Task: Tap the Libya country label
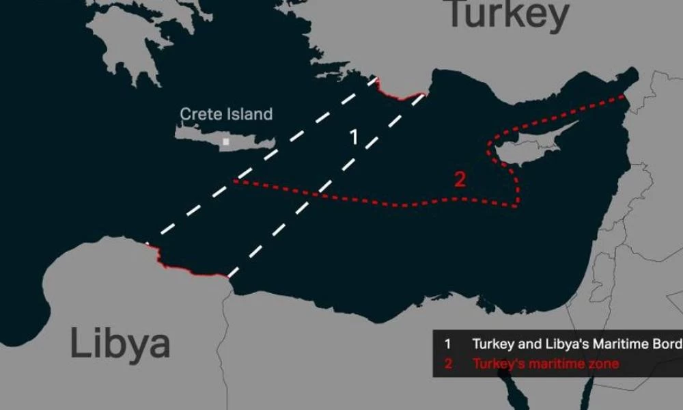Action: point(120,342)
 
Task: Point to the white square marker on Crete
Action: point(225,142)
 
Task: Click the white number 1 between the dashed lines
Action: point(354,137)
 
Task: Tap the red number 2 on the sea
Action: point(460,180)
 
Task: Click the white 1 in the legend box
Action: point(448,343)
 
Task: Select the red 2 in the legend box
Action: point(448,364)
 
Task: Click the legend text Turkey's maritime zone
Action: point(546,364)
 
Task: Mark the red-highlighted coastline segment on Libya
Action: point(191,269)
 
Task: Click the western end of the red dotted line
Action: point(235,181)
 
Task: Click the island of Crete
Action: point(225,137)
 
